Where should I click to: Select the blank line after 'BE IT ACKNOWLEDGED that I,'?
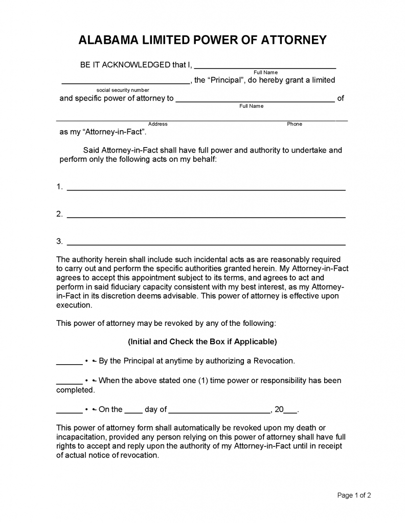265,66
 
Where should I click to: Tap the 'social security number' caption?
123,90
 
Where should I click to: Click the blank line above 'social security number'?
125,82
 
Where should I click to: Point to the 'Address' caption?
157,124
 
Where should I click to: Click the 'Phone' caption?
295,124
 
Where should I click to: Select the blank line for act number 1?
206,188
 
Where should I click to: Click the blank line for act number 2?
206,216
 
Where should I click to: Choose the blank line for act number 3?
206,243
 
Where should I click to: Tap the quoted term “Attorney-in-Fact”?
115,132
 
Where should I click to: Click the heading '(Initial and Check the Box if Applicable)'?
202,342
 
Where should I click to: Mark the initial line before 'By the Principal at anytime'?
69,363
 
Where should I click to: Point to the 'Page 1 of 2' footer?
354,495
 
